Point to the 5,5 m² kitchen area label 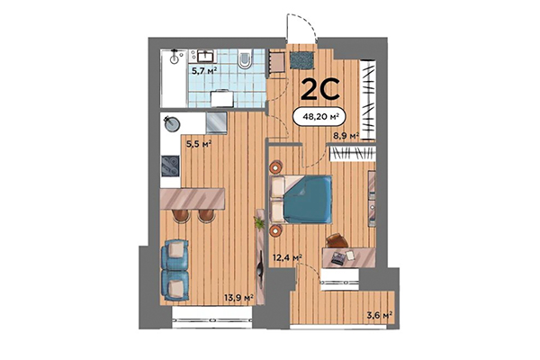coord(199,142)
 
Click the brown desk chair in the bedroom coord(336,239)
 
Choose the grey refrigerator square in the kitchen coord(216,122)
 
